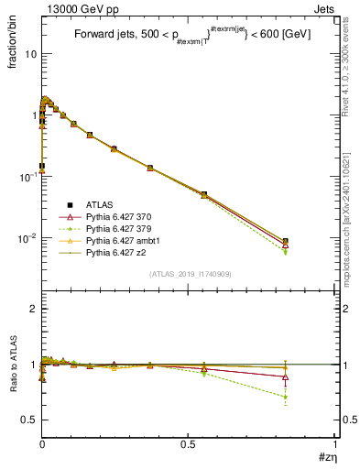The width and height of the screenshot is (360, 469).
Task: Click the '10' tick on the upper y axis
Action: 29,53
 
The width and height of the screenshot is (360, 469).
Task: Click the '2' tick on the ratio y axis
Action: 33,309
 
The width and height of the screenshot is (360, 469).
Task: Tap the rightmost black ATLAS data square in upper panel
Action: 286,241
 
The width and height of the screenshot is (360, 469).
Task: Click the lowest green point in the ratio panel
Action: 286,397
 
